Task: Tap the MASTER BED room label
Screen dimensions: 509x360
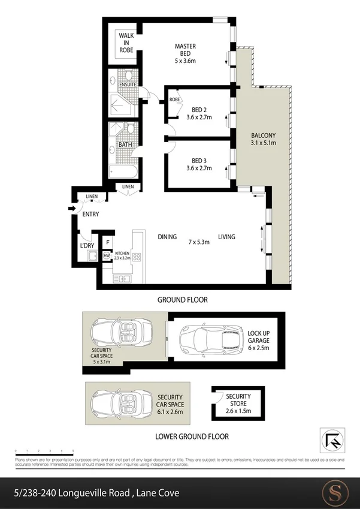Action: pos(185,53)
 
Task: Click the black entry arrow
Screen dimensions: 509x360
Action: pos(71,209)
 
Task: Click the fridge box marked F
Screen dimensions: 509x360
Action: pos(107,242)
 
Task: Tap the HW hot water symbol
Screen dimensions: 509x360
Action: pos(107,256)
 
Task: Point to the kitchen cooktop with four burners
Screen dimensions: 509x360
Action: pos(136,257)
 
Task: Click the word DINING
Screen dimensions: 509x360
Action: pos(167,237)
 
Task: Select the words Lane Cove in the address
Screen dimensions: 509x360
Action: pos(158,493)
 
